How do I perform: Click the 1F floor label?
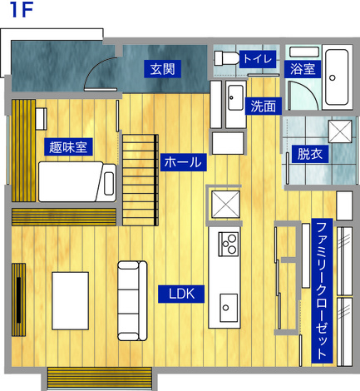(x=22, y=10)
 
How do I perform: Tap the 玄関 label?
(x=162, y=69)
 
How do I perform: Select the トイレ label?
(x=258, y=59)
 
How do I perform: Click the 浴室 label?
(x=303, y=69)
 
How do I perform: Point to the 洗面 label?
(x=264, y=106)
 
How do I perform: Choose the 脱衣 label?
(x=310, y=154)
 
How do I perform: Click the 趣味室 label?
(x=68, y=147)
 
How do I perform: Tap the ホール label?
(x=184, y=162)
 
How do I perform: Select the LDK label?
(x=181, y=294)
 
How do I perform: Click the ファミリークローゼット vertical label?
(x=322, y=290)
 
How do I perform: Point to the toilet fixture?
(x=226, y=58)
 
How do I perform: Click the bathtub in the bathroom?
(x=337, y=77)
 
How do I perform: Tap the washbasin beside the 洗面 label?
(x=235, y=97)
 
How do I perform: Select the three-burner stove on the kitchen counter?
(x=229, y=244)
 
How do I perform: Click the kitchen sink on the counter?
(x=229, y=308)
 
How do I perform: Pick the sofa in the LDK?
(x=132, y=301)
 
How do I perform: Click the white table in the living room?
(x=71, y=301)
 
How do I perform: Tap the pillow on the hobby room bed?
(x=109, y=184)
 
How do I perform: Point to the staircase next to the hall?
(x=141, y=180)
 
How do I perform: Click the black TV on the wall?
(x=18, y=299)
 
